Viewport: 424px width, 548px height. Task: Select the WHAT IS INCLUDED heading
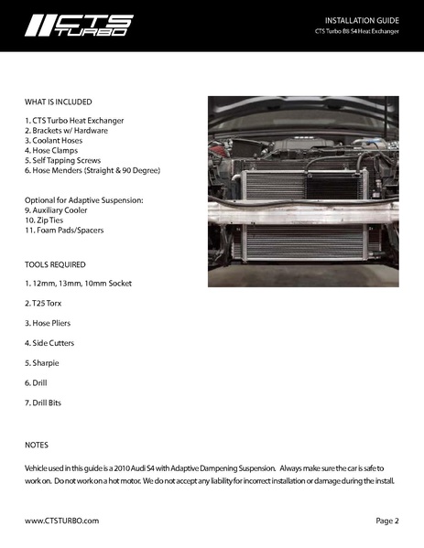[59, 102]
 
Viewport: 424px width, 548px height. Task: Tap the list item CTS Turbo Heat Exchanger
[75, 121]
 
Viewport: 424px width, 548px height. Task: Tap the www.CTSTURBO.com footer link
[61, 521]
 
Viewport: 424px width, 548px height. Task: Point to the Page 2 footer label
[386, 521]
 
